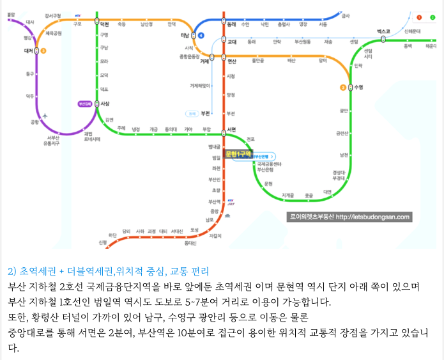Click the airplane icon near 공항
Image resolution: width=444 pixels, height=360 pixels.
46,115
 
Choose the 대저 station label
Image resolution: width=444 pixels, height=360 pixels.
27,51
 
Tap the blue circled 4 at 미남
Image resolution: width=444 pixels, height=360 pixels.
201,35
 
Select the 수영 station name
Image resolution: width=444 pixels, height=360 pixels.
358,87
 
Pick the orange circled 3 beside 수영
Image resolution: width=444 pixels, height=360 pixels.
343,87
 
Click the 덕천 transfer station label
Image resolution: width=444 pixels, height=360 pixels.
105,24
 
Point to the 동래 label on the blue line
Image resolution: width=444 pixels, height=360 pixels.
231,24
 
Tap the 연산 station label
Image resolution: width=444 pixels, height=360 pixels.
232,61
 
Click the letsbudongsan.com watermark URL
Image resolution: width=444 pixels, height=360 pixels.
372,217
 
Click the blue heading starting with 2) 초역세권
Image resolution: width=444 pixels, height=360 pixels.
109,271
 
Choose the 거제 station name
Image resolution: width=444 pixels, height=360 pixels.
204,62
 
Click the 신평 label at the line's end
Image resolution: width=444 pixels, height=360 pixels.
102,242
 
